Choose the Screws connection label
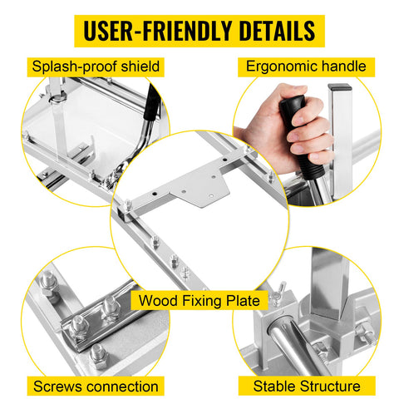pos(96,386)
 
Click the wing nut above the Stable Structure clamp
pos(278,291)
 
